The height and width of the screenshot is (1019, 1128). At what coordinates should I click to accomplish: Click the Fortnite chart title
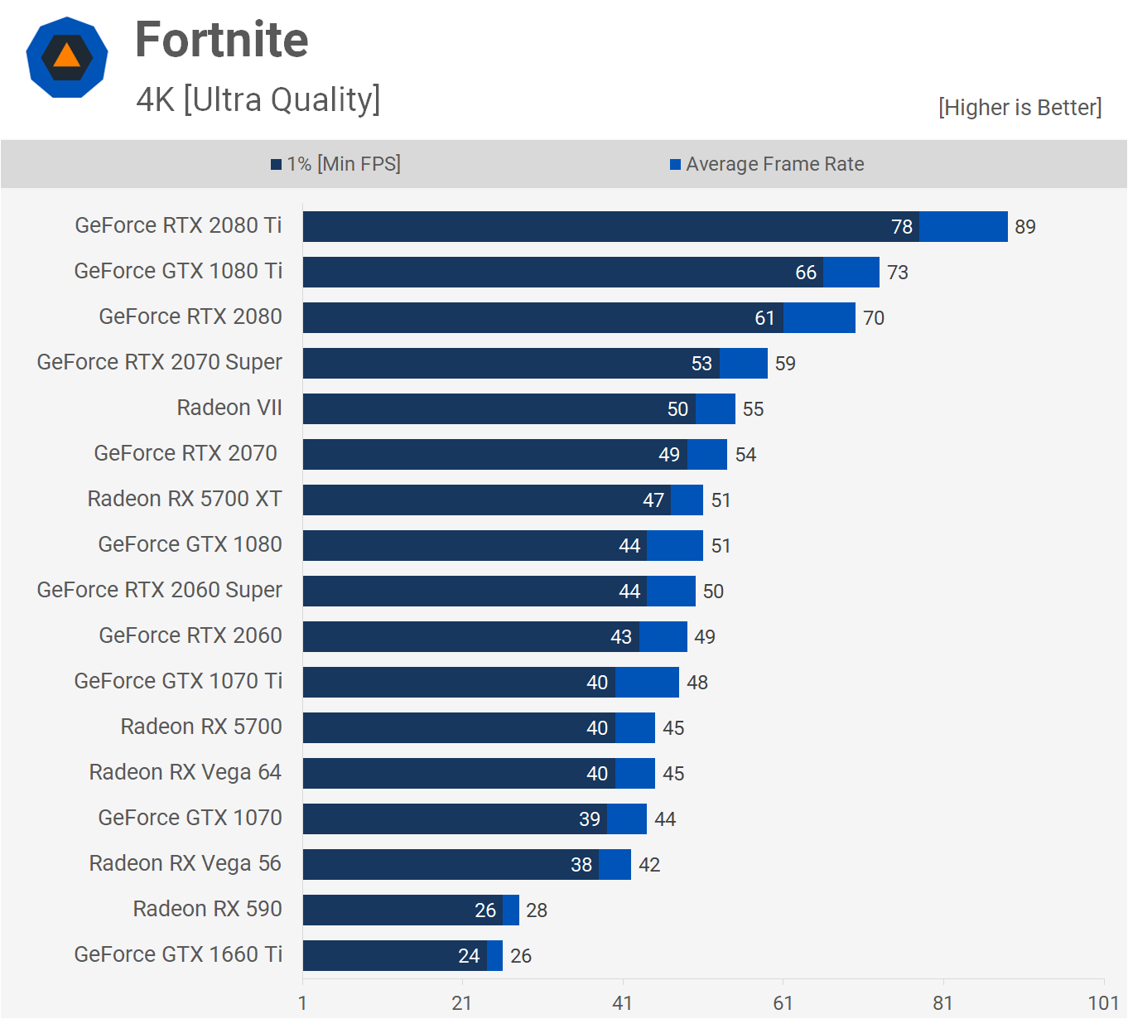tap(221, 40)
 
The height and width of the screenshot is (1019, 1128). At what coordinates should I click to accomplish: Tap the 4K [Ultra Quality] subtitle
tap(258, 99)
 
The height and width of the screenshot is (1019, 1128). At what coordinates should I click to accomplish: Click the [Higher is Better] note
tap(1020, 108)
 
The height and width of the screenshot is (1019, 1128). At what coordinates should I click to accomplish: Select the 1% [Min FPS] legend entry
tap(335, 164)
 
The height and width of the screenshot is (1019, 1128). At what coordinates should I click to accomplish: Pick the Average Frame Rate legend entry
tap(767, 164)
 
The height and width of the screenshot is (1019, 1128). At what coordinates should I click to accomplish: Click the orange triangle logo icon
tap(67, 57)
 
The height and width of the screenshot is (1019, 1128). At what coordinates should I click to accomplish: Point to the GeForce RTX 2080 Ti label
tap(178, 225)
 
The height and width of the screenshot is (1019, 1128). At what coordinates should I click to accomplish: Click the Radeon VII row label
tap(229, 408)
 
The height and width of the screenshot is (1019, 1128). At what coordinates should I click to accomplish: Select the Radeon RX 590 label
tap(207, 909)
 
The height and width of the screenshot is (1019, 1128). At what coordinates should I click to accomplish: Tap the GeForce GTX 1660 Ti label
tap(178, 954)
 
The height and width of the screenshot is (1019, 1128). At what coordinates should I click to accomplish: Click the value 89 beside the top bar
tap(1025, 227)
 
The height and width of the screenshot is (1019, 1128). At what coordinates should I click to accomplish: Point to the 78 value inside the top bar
tap(902, 227)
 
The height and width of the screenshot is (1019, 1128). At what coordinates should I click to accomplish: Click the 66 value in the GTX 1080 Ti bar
tap(806, 273)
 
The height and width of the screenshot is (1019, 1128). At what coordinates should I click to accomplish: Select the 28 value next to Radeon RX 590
tap(537, 910)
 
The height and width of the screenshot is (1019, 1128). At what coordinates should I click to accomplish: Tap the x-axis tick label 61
tap(783, 1003)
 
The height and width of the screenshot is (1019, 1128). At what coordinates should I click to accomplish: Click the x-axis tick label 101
tap(1103, 1003)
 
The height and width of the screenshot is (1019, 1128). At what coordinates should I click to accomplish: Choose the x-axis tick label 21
tap(461, 1003)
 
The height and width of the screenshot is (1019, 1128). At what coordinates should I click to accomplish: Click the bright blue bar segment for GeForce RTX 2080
tap(819, 318)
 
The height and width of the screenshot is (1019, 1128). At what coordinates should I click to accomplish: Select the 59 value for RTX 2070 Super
tap(785, 364)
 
